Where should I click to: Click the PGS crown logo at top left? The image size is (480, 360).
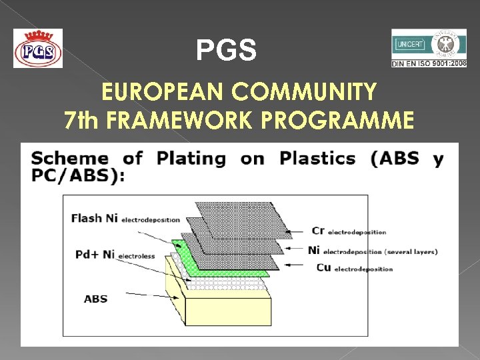pos(38,48)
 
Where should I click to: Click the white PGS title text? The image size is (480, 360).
pos(226,50)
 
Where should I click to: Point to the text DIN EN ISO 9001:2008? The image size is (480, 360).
pos(429,64)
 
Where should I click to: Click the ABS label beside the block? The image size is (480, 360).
pos(95,299)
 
